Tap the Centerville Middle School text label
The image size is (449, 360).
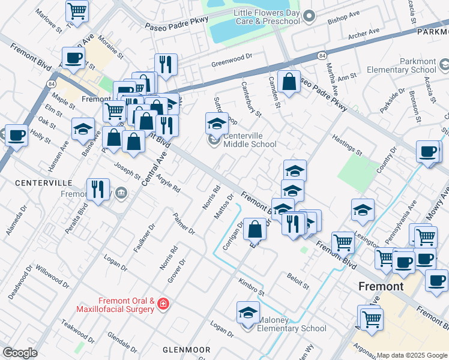tap(250, 144)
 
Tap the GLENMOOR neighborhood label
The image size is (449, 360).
tap(186, 349)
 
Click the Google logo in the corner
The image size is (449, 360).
tap(20, 353)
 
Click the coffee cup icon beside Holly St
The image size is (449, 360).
tap(16, 134)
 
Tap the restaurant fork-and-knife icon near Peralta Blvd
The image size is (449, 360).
tap(97, 189)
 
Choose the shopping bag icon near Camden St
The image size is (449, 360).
tap(289, 82)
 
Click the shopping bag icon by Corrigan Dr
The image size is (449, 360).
tap(255, 229)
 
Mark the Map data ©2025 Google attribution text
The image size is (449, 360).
tap(412, 355)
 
